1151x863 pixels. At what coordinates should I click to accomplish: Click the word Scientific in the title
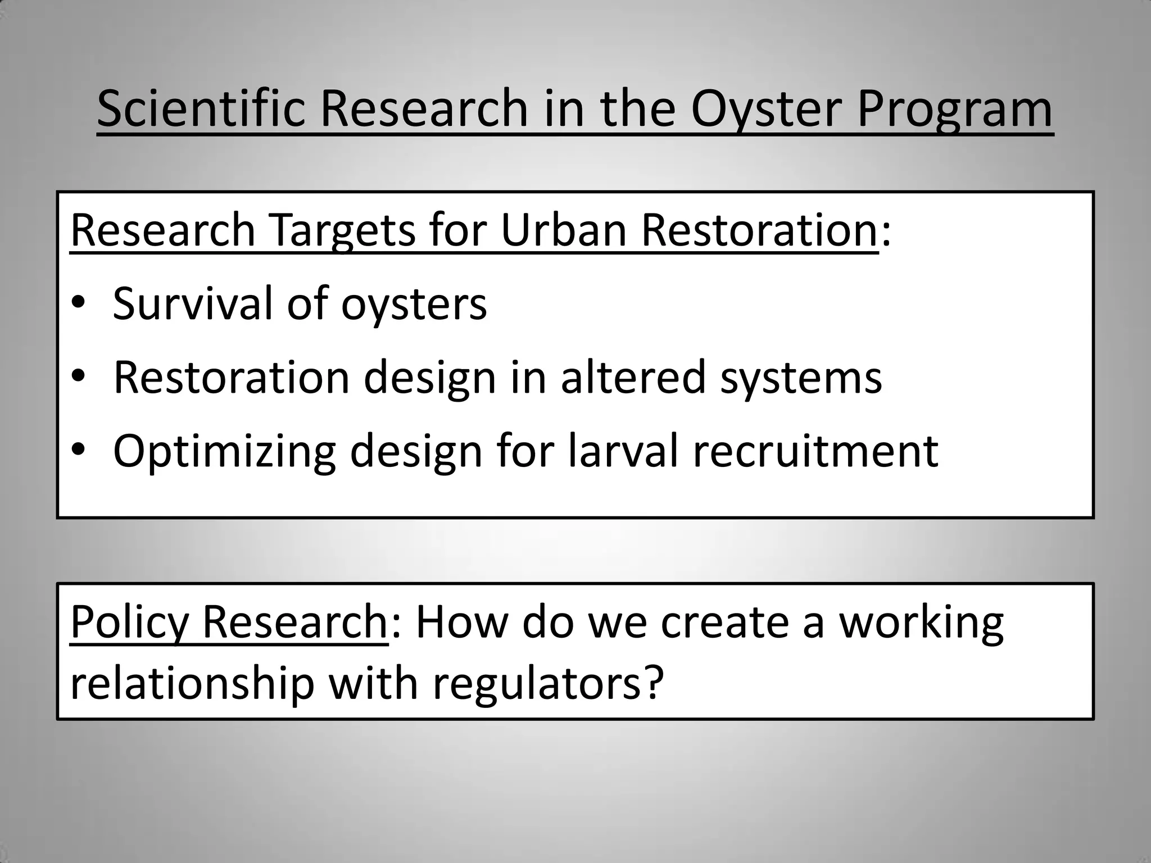(x=201, y=109)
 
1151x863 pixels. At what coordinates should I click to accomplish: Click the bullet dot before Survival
(x=78, y=304)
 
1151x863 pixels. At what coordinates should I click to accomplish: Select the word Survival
(x=193, y=303)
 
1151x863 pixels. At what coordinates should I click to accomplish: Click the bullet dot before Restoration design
(x=78, y=378)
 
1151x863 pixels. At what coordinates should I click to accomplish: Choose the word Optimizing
(x=224, y=452)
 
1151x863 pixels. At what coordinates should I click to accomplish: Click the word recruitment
(x=815, y=452)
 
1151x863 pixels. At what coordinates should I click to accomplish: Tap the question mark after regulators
(x=652, y=684)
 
